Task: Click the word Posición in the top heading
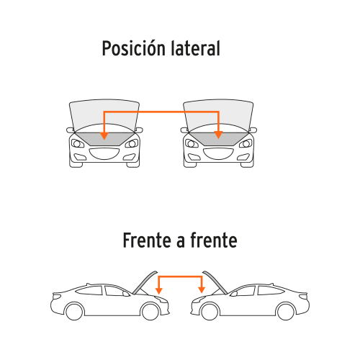(134, 48)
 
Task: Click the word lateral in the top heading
(196, 48)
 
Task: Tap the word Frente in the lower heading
(147, 240)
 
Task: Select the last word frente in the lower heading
(214, 240)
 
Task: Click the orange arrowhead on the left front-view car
(104, 135)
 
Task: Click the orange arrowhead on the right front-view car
(218, 135)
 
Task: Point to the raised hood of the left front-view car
(104, 115)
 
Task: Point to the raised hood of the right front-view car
(218, 115)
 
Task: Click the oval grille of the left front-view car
(104, 153)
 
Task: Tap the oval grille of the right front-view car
(218, 153)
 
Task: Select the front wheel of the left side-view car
(150, 312)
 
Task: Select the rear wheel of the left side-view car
(74, 311)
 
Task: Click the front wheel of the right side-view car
(210, 312)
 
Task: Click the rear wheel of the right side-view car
(286, 311)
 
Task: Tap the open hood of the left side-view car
(145, 282)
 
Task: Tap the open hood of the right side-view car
(215, 282)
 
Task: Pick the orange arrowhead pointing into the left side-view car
(159, 290)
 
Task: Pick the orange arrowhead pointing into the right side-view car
(202, 290)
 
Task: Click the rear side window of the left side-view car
(89, 291)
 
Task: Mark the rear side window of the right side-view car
(271, 291)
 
